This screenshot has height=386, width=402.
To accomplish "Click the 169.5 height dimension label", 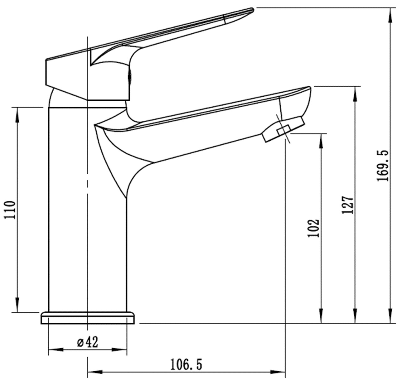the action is (383, 166).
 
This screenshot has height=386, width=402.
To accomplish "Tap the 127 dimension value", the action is (347, 205).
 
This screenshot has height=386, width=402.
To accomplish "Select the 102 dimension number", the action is (313, 228).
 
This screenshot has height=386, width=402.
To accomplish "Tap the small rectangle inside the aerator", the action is (283, 130).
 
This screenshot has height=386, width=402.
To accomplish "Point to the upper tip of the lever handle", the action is (252, 9).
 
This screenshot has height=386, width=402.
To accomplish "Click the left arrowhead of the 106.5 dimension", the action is (95, 378).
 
